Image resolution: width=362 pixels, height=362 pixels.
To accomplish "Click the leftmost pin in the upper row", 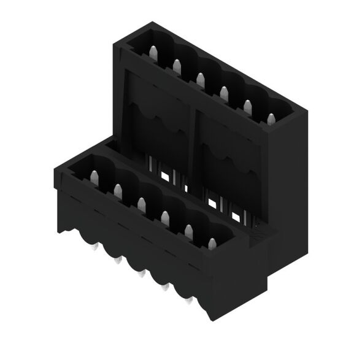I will click(152, 52).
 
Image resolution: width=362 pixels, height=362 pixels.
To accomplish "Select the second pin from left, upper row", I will click(176, 65).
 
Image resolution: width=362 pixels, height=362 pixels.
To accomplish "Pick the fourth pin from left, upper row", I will click(224, 93).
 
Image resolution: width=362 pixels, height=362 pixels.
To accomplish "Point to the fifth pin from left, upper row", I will click(248, 107).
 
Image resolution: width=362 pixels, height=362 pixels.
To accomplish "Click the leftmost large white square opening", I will click(164, 175).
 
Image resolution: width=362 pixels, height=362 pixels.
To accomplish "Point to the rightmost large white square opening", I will click(236, 215).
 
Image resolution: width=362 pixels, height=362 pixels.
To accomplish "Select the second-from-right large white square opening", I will click(212, 202).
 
